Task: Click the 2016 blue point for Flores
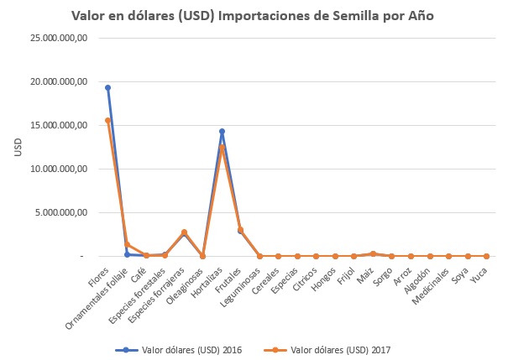[107, 87]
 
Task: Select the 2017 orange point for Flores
[107, 120]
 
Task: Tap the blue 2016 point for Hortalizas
[222, 131]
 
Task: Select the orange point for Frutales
[241, 229]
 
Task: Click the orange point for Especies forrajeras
[184, 232]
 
